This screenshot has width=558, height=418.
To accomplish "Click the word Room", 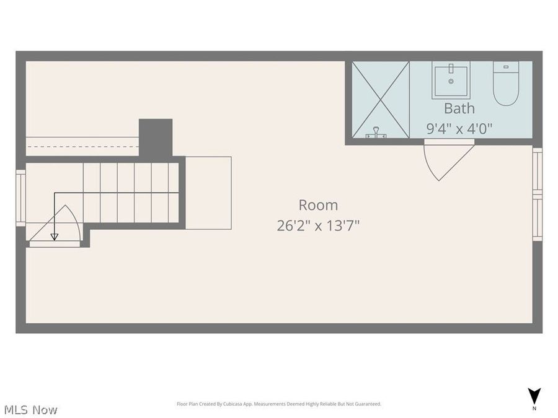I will pyautogui.click(x=318, y=205).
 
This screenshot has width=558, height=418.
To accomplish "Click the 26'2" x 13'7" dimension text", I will pyautogui.click(x=318, y=225).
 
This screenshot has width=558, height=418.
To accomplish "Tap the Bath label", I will pyautogui.click(x=459, y=108).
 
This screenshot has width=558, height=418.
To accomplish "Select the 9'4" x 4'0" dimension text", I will pyautogui.click(x=459, y=129).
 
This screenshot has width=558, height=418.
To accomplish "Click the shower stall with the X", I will pyautogui.click(x=381, y=99).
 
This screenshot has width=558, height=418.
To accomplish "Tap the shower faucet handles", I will pyautogui.click(x=376, y=133).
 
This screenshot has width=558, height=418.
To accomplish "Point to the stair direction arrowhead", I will pyautogui.click(x=55, y=237).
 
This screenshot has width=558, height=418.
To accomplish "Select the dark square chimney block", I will pyautogui.click(x=155, y=137).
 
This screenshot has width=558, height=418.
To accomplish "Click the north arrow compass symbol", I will pyautogui.click(x=534, y=395).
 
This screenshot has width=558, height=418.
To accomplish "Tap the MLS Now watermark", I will pyautogui.click(x=31, y=410).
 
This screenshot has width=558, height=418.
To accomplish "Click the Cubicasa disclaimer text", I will pyautogui.click(x=279, y=404).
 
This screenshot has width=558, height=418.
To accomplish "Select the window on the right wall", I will pyautogui.click(x=537, y=195).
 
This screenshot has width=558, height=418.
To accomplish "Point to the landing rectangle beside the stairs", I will pyautogui.click(x=208, y=193).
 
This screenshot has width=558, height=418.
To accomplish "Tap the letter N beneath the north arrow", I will pyautogui.click(x=534, y=409).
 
